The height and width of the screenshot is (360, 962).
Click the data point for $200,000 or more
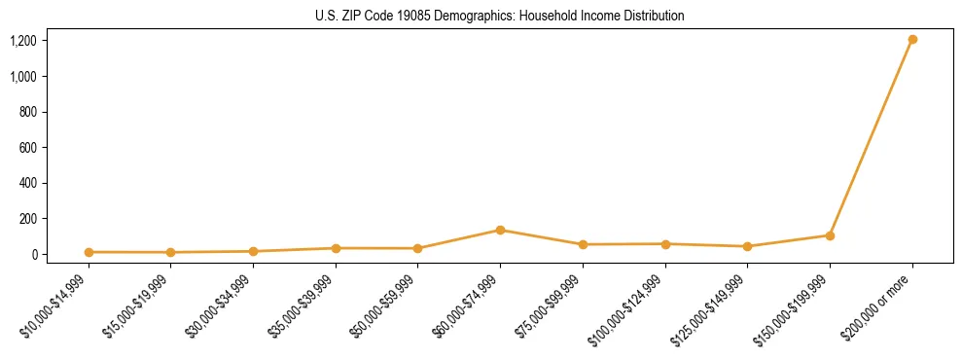[x=912, y=40]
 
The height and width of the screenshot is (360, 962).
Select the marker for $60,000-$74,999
[x=500, y=230]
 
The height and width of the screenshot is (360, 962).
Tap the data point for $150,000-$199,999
[x=830, y=235]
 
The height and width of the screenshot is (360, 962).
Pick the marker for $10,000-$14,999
[x=89, y=252]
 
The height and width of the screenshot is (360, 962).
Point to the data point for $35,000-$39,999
[x=336, y=248]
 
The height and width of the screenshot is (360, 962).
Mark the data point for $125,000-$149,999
[x=747, y=246]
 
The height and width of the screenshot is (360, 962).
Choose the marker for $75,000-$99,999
[x=583, y=244]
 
